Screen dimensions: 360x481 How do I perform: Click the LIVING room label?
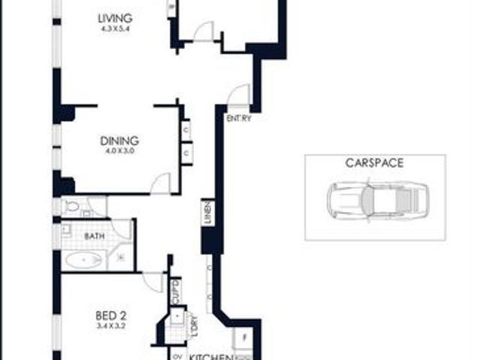coord(115,17)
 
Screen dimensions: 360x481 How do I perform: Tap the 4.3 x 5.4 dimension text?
coord(115,29)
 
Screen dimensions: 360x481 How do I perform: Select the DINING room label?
coord(119,140)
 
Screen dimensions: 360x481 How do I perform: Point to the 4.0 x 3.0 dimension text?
coord(119,151)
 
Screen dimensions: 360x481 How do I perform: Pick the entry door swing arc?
coord(238,96)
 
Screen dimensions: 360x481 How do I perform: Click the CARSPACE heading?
coord(375,162)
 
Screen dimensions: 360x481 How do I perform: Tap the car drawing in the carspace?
coord(374,201)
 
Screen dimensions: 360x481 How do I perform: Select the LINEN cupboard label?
coord(207,212)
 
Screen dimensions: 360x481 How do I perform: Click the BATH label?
coord(94,235)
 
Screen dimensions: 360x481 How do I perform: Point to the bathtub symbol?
coord(83,260)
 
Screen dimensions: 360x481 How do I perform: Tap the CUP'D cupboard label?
coord(175,289)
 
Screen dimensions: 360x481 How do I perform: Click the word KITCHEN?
coord(209,355)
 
